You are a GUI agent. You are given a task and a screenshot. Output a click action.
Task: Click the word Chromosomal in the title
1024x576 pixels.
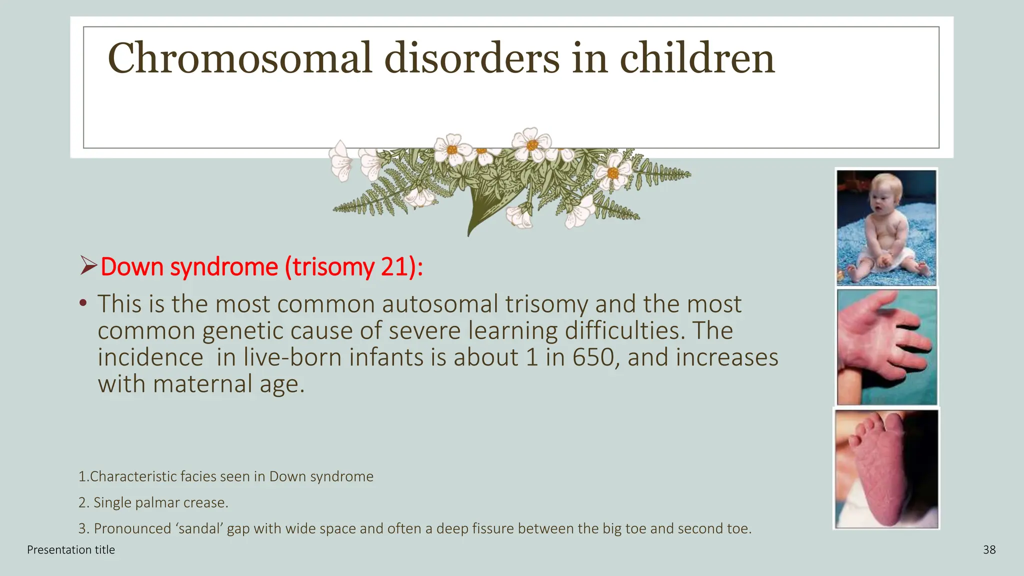240,58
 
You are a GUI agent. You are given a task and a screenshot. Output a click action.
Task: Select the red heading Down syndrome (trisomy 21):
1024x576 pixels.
261,266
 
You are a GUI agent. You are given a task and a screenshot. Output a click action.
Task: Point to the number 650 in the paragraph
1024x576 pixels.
593,357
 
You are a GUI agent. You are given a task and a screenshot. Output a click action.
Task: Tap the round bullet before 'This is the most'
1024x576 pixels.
83,303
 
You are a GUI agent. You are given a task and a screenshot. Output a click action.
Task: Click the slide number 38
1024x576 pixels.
989,550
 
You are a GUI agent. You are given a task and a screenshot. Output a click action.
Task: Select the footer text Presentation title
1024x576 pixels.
71,550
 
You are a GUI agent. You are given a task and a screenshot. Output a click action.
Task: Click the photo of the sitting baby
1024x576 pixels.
886,227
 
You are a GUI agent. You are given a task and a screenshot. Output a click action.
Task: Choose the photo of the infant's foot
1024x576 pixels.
886,469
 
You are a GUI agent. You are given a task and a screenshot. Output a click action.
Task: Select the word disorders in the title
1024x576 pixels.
471,58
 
